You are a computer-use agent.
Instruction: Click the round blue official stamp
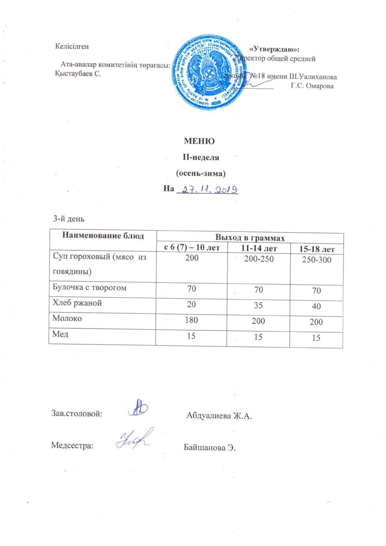coord(209,73)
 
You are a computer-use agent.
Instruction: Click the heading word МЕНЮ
coord(199,141)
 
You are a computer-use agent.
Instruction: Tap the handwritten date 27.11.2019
coord(207,189)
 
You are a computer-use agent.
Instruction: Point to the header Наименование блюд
coord(103,236)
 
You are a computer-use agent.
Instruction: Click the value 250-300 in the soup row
coord(317,260)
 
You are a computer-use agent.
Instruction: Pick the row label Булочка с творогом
coord(90,287)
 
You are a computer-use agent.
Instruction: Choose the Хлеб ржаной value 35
coord(258,305)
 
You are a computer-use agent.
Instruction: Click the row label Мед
coord(61,334)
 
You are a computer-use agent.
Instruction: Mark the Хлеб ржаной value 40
coord(316,306)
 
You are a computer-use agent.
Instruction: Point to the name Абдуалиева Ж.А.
coord(219,416)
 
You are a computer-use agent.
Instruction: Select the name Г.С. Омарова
coord(312,86)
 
